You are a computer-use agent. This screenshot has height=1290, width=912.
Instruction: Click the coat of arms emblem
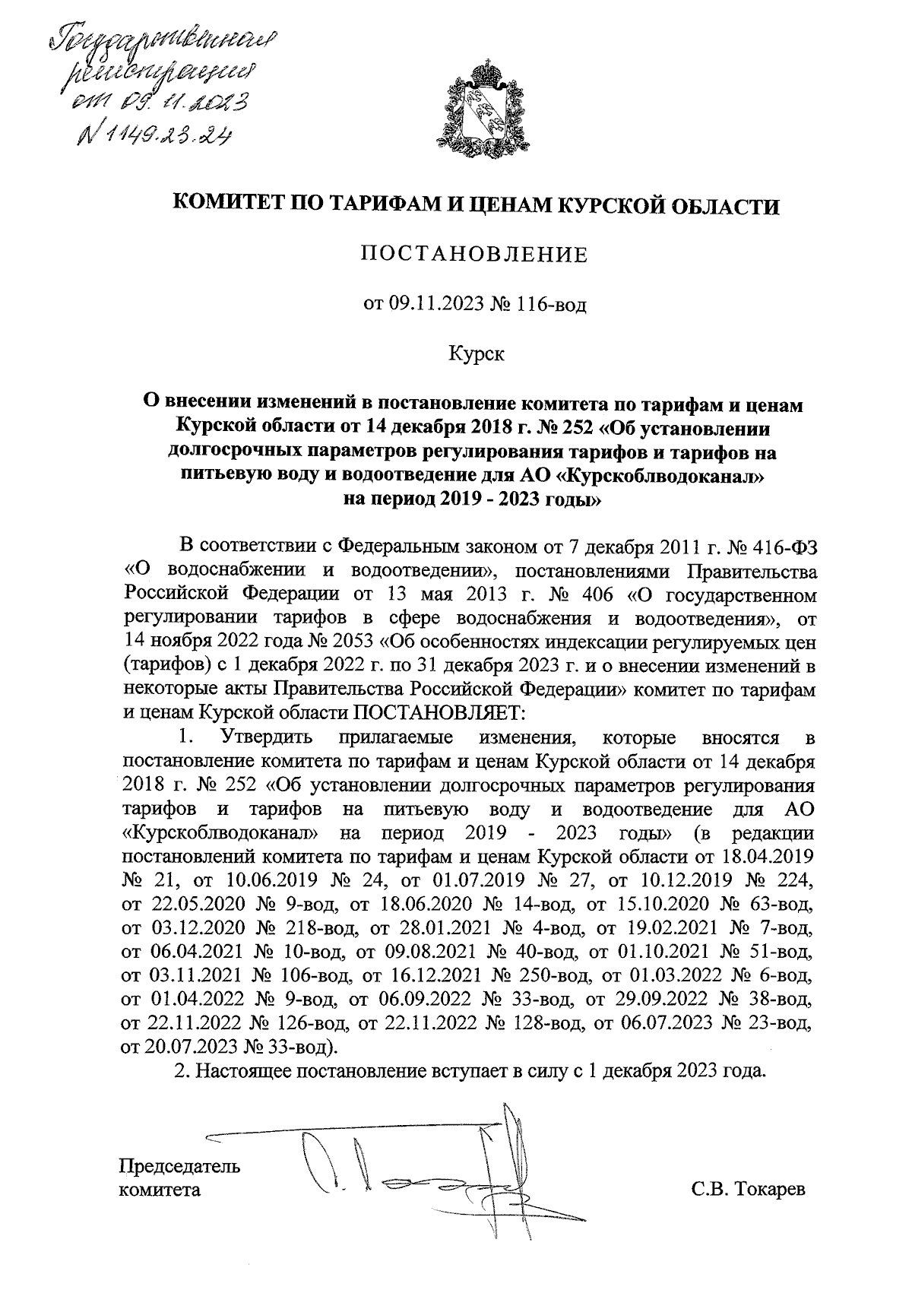pyautogui.click(x=477, y=106)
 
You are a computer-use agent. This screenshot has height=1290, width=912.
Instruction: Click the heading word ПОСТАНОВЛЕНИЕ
pyautogui.click(x=474, y=255)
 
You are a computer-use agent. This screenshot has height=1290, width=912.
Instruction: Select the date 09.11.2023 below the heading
pyautogui.click(x=438, y=306)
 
